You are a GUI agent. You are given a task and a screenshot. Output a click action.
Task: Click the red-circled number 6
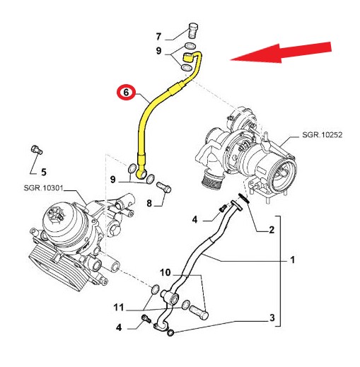[x=126, y=92]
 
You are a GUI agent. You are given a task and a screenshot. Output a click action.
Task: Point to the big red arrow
[x=281, y=53]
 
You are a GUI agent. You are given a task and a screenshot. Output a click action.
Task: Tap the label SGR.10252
[x=322, y=135]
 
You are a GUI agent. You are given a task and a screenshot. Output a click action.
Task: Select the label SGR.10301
[x=44, y=188]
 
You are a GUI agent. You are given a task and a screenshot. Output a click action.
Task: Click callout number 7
[x=158, y=37]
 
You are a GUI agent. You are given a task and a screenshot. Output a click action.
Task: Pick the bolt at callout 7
[x=194, y=30]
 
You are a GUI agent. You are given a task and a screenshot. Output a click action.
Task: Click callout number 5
[x=44, y=172]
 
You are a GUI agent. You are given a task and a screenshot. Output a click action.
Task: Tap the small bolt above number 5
[x=37, y=150]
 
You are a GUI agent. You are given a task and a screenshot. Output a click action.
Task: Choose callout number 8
[x=149, y=203]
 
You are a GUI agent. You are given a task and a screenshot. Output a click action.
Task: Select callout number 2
[x=272, y=230]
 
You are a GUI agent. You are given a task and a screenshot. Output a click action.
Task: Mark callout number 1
[x=292, y=260]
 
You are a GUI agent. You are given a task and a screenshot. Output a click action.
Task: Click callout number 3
[x=272, y=318]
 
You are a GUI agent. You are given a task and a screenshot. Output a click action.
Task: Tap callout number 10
[x=165, y=272]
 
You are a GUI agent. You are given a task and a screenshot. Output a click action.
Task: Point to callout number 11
[x=119, y=308]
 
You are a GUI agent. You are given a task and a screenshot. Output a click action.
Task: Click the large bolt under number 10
[x=199, y=313]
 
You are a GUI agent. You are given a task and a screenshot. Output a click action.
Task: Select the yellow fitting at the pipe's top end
[x=188, y=57]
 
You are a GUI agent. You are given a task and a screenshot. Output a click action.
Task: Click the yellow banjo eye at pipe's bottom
[x=142, y=174]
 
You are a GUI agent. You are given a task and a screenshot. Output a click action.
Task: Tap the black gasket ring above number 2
[x=244, y=198]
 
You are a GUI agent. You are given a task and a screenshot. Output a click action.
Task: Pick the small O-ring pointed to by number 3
[x=170, y=333]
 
